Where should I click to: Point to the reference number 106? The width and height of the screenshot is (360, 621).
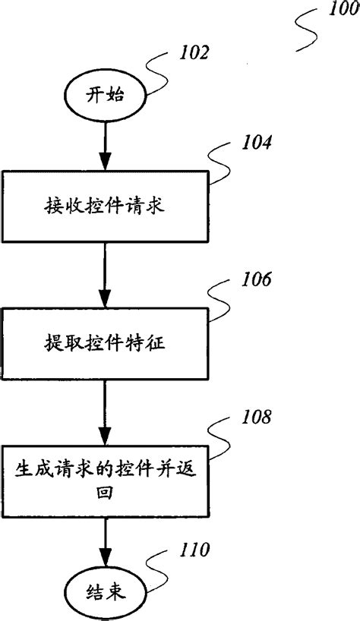pyautogui.click(x=255, y=279)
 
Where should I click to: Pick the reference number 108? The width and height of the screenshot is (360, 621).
pyautogui.click(x=254, y=416)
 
